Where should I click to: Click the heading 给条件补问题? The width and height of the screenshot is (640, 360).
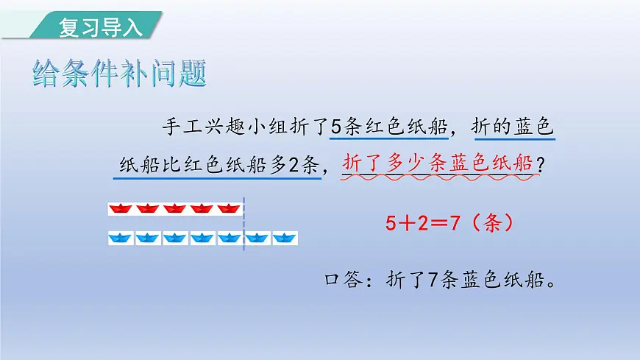(x=119, y=74)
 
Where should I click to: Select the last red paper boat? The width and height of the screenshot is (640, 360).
(x=230, y=209)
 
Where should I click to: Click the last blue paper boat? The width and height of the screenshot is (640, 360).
(x=285, y=238)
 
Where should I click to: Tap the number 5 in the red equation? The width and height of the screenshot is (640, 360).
(x=391, y=223)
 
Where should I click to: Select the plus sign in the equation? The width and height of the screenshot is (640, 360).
(x=408, y=223)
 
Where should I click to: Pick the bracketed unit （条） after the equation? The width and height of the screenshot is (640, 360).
(x=491, y=223)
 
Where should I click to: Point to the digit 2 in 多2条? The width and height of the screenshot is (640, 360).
(x=296, y=163)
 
